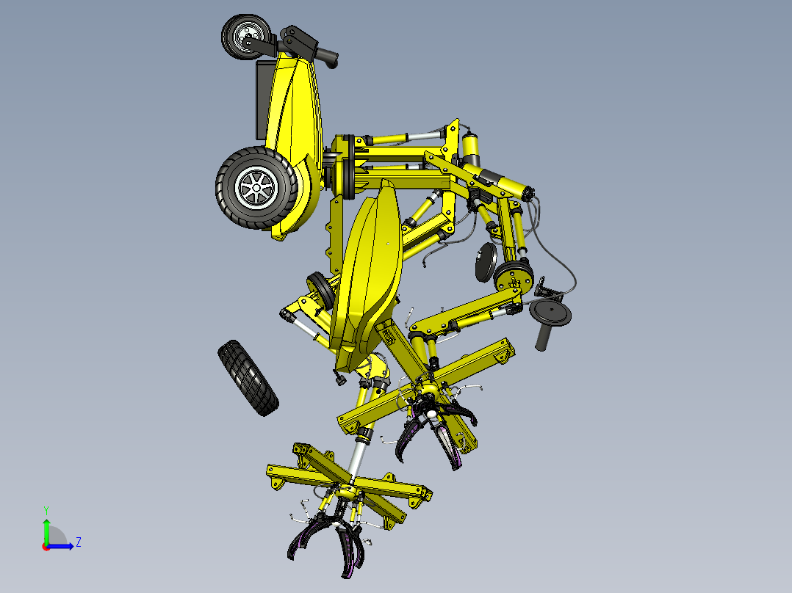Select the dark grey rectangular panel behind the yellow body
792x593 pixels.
262,100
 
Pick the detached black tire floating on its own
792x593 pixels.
248,377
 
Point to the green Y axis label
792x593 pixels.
46,509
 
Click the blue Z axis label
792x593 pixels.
78,542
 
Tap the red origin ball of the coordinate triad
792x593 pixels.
46,546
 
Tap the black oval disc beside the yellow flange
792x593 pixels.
484,263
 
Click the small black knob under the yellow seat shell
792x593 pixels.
339,379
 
